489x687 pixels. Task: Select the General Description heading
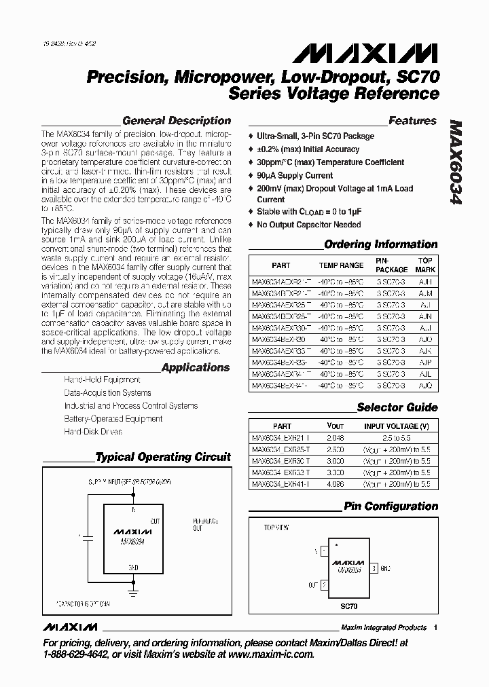tap(176, 121)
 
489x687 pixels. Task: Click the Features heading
tap(412, 121)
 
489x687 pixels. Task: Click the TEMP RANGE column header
tap(341, 265)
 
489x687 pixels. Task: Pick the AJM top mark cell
tap(424, 293)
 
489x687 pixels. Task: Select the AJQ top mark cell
tap(424, 386)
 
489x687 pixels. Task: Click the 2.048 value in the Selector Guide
tap(336, 438)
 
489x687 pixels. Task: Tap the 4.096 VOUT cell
tap(336, 485)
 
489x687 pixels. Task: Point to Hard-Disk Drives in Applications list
tap(93, 431)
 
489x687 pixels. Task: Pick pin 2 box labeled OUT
tap(324, 583)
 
